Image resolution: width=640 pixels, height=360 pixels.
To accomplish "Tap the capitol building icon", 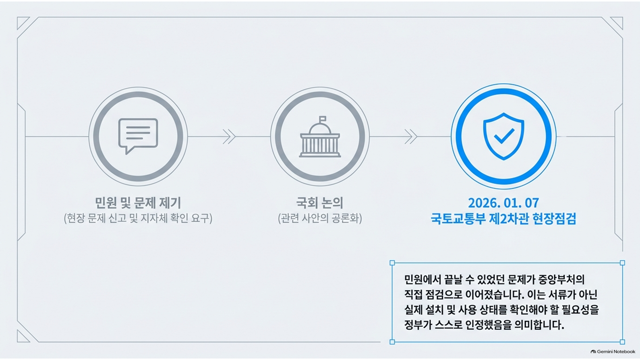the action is tap(320, 137).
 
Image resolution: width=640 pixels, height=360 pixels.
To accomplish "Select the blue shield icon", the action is tap(504, 136).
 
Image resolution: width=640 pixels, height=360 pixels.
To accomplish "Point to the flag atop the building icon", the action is tap(322, 118).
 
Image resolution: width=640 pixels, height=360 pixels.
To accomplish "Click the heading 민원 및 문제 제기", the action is tap(138, 203).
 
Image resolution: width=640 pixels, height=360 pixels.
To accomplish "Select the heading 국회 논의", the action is tap(320, 203).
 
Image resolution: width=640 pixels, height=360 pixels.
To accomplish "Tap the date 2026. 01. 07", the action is tap(504, 203).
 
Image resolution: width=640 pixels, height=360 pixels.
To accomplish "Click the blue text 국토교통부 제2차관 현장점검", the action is tap(504, 219).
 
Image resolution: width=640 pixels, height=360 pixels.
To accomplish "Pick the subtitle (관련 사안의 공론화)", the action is tap(320, 219).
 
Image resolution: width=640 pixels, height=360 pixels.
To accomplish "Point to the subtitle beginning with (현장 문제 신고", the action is tap(138, 219).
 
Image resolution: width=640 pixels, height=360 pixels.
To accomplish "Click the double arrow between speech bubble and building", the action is tap(229, 136).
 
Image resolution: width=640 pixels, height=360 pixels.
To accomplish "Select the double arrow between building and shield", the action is tap(411, 136).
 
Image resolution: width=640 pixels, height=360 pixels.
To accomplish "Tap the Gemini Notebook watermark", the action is tap(613, 352).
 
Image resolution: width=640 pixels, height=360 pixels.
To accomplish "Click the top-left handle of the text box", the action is tap(392, 263).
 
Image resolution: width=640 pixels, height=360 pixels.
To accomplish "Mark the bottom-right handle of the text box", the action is tap(622, 342).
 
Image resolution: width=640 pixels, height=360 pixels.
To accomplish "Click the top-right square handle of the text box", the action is tap(622, 263).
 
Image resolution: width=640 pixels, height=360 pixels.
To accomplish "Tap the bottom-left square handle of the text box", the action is tap(392, 342).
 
